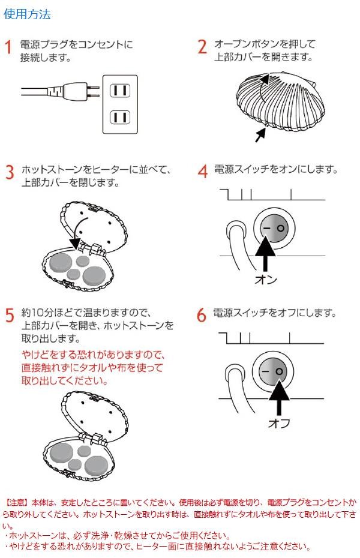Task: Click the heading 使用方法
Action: click(x=27, y=15)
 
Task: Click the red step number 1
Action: click(x=8, y=47)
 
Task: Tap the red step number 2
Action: click(x=202, y=47)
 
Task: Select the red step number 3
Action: click(x=9, y=172)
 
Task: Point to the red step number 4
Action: click(x=202, y=172)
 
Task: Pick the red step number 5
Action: click(x=9, y=316)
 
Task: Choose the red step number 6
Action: click(x=202, y=316)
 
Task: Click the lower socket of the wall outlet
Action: click(x=119, y=116)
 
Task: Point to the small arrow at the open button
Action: click(x=260, y=134)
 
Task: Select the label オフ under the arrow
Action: click(x=278, y=424)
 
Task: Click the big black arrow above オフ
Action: click(x=278, y=397)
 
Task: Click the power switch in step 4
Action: click(x=272, y=229)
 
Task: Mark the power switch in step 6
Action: click(x=272, y=372)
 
